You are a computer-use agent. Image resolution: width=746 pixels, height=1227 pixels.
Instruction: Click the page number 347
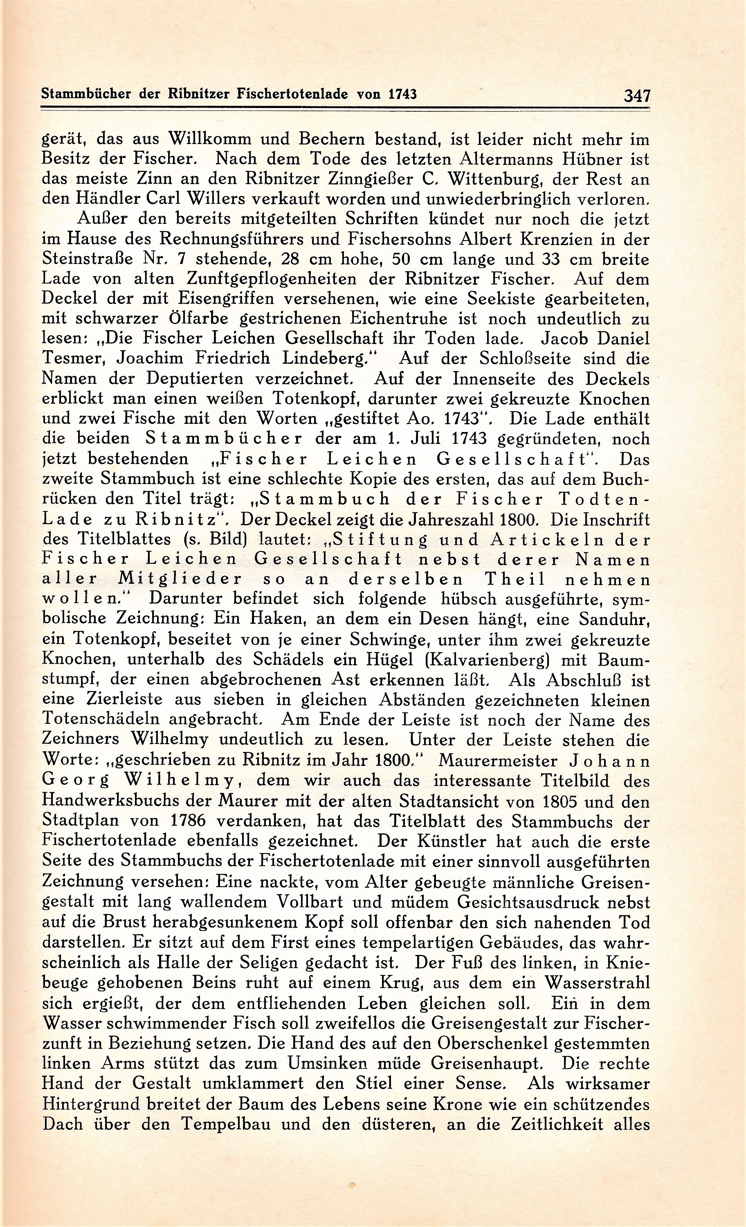637,95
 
